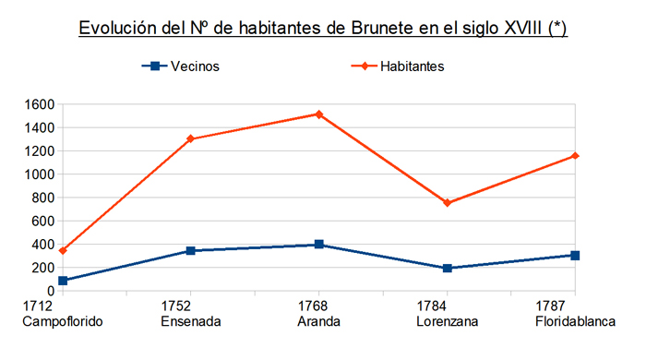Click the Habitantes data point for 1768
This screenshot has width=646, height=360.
(318, 114)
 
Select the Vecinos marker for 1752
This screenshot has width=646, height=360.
(190, 250)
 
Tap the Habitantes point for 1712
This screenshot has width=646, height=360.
(62, 250)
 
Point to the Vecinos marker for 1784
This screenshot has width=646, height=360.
(447, 269)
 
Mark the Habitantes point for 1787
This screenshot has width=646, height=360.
(575, 155)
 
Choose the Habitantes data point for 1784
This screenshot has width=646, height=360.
(447, 202)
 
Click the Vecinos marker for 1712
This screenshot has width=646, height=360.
(62, 281)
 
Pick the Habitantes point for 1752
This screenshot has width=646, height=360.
(190, 138)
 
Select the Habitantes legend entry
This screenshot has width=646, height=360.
(412, 66)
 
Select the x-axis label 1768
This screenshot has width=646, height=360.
(318, 306)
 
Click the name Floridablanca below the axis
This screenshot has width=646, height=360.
(574, 321)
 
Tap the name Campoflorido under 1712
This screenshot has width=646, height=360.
(62, 321)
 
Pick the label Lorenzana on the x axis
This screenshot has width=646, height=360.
(447, 321)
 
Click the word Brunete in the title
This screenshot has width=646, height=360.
(382, 29)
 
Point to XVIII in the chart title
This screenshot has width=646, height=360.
(518, 29)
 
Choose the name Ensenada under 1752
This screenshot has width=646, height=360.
(190, 321)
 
